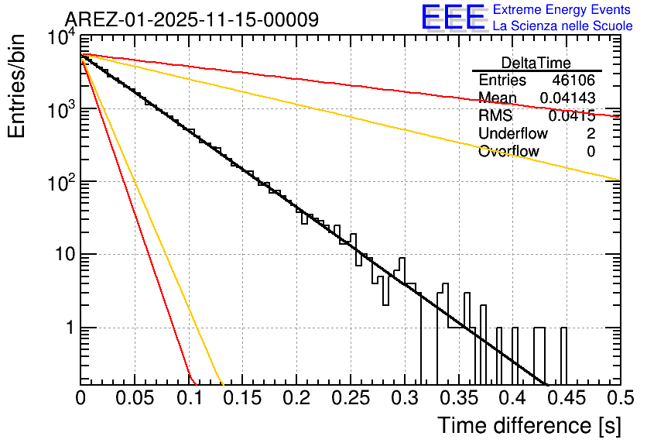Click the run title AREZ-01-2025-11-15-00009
(x=191, y=19)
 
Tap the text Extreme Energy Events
(x=562, y=10)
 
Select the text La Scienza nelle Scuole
(x=562, y=26)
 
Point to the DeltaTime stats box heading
(x=536, y=63)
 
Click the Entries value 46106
(x=573, y=81)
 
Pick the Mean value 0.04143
(x=567, y=98)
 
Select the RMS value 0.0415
(x=571, y=116)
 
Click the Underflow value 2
(x=591, y=134)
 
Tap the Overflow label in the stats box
(x=508, y=152)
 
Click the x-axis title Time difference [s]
(x=529, y=425)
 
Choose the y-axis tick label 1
(x=67, y=328)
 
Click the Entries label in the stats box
(x=502, y=81)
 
